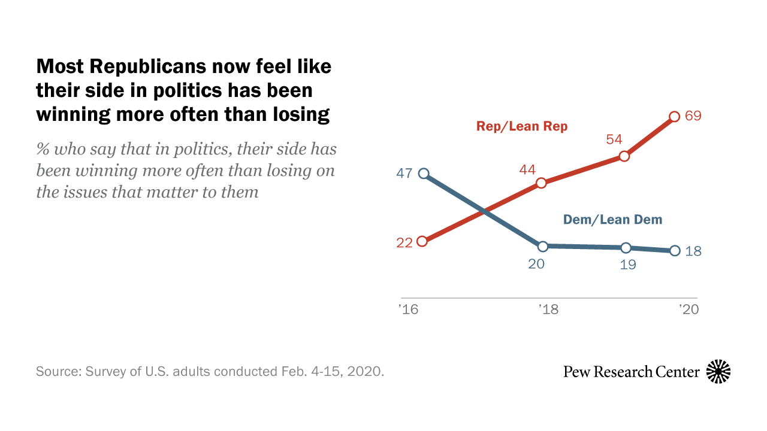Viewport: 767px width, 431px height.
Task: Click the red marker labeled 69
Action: [x=674, y=116]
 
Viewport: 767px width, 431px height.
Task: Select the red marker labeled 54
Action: [x=624, y=156]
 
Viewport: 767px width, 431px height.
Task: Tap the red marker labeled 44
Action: [x=541, y=183]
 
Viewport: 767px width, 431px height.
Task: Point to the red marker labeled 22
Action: [x=422, y=241]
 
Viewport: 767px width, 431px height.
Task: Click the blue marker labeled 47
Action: [x=424, y=174]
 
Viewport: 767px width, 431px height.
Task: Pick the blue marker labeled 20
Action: [x=543, y=246]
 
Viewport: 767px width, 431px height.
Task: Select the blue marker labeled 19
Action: [x=626, y=248]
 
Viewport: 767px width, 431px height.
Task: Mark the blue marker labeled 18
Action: [x=675, y=251]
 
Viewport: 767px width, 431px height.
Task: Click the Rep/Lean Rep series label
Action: [x=521, y=126]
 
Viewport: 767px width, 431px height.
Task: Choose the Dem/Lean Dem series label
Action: [x=612, y=220]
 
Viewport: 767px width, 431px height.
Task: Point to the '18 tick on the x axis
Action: [x=548, y=309]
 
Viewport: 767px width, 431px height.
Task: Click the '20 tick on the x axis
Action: [x=689, y=309]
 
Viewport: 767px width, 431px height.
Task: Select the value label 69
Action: [x=693, y=116]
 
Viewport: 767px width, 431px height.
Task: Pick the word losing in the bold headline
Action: [x=300, y=114]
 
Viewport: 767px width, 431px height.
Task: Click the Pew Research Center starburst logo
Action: [x=718, y=372]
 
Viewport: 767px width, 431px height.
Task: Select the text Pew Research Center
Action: [x=631, y=372]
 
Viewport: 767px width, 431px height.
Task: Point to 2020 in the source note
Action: [x=364, y=371]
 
